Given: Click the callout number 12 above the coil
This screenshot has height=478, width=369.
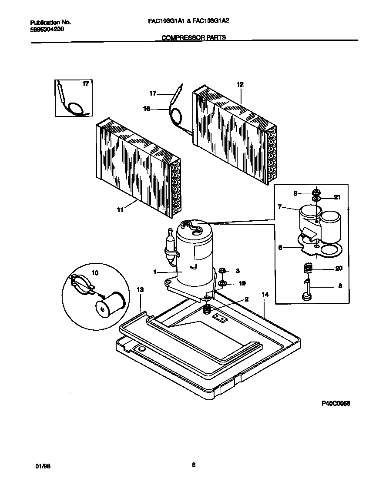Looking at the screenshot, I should point(240,84).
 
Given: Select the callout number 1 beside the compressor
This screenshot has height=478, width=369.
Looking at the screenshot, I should point(155,272).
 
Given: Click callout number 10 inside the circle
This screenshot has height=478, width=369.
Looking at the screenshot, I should point(95,273).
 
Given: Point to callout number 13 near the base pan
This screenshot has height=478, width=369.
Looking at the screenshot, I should point(140,290).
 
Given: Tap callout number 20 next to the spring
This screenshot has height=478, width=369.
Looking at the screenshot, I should point(339,269).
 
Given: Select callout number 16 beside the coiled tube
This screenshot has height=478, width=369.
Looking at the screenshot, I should point(147,109).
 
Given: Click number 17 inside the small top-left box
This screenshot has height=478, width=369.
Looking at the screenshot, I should point(85,84).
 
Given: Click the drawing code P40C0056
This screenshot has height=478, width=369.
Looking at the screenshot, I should point(335,403).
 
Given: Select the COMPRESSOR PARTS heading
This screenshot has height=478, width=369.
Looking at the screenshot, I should point(194,38).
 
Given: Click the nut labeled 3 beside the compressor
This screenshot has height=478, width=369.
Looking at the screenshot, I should point(222,271).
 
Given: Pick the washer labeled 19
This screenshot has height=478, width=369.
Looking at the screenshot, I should point(222,284).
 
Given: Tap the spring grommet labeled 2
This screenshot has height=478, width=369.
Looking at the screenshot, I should point(208,310).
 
